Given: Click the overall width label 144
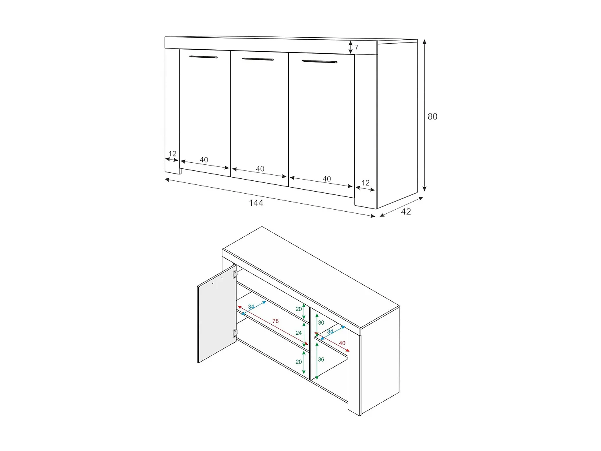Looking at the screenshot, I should click(256, 203).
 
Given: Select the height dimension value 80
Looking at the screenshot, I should click(432, 117).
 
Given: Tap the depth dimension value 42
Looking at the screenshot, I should click(406, 212).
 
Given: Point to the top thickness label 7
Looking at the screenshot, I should click(356, 48).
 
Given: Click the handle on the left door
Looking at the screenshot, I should click(203, 57).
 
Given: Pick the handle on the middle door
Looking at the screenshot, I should click(258, 59).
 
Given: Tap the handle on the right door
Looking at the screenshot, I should click(319, 62).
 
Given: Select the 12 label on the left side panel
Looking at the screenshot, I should click(172, 154).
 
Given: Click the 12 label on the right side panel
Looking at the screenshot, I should click(365, 183).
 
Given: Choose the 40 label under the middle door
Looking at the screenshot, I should click(260, 169).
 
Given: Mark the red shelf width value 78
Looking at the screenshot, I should click(275, 321).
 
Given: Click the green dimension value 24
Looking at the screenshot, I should click(298, 333).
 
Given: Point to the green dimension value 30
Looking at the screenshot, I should click(321, 323).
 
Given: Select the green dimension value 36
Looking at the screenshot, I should click(321, 360).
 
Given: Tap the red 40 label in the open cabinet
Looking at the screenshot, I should click(342, 343).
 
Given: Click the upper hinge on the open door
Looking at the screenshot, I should click(235, 274).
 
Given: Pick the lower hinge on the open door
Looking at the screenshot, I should click(235, 333).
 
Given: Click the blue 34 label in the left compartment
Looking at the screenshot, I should click(251, 307).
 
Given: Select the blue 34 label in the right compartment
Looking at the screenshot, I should click(330, 332).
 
